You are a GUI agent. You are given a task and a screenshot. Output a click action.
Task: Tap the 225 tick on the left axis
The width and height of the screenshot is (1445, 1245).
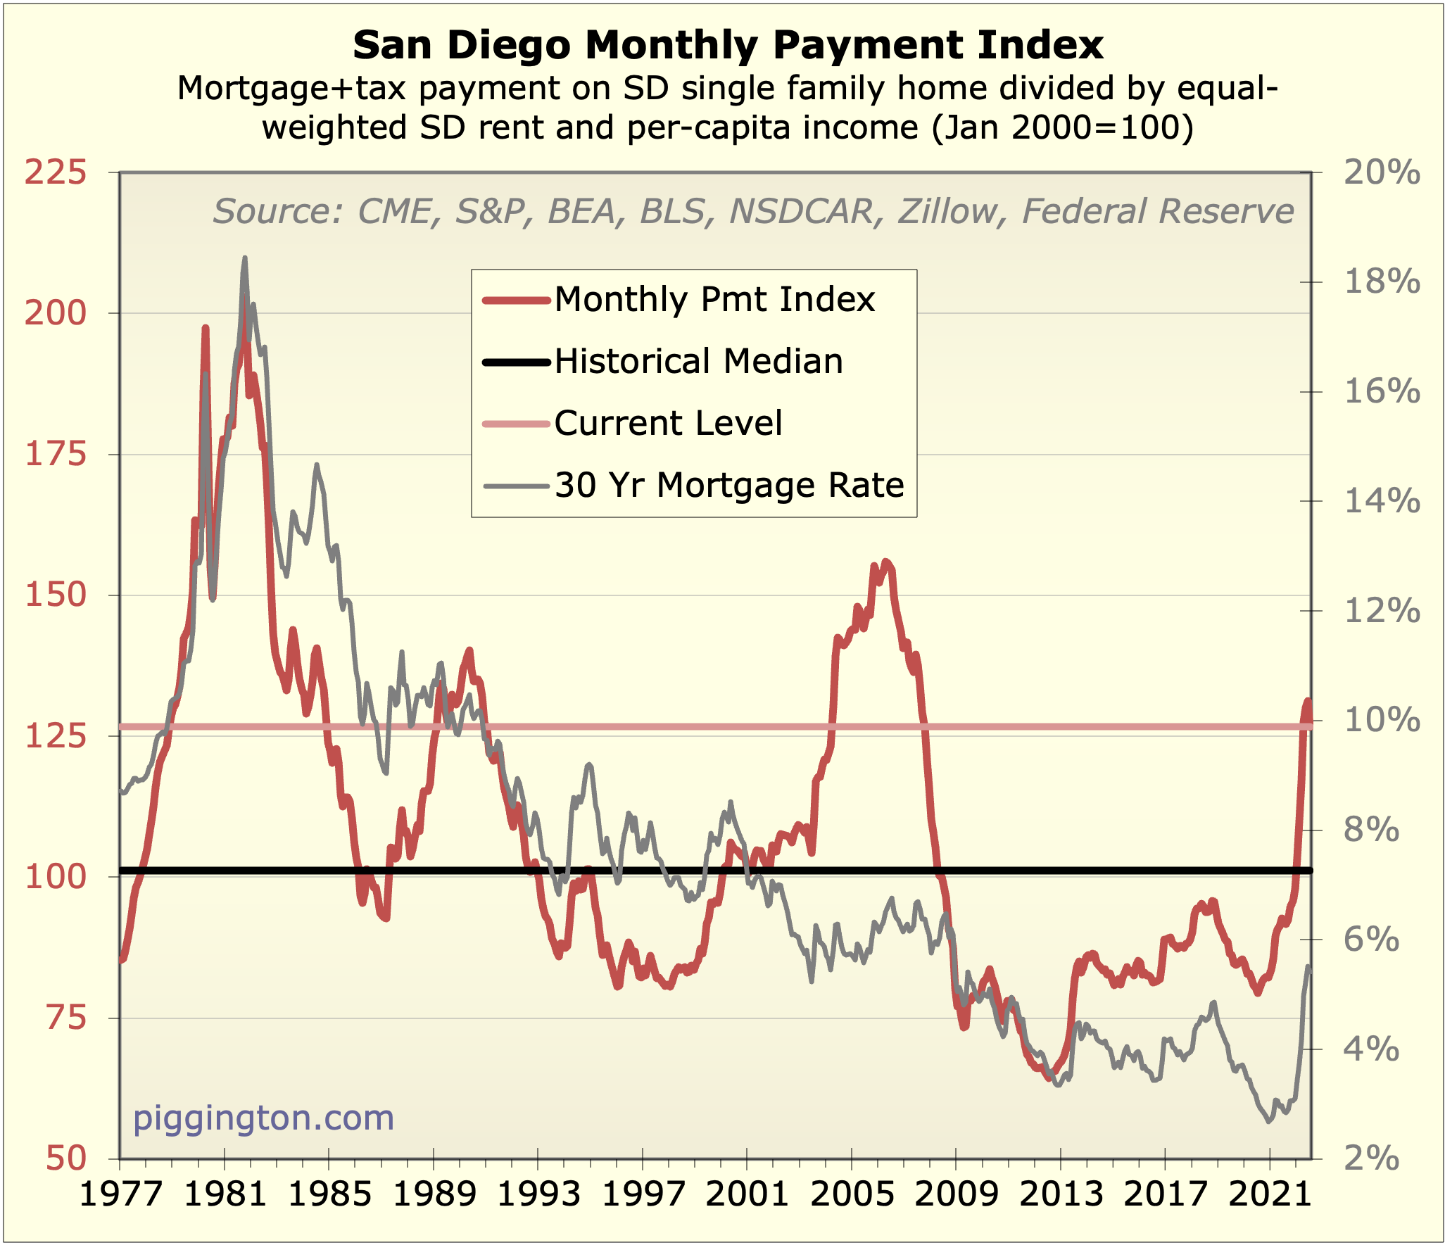pyautogui.click(x=56, y=173)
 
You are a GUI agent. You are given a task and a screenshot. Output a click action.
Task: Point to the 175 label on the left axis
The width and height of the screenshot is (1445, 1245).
pyautogui.click(x=56, y=455)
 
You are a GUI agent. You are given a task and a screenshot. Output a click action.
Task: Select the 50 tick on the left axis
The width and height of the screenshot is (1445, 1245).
pyautogui.click(x=66, y=1158)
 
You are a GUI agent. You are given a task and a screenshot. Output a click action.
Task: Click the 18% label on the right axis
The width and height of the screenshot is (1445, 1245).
pyautogui.click(x=1382, y=282)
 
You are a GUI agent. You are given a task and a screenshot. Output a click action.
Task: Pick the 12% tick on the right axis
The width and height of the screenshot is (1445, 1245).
pyautogui.click(x=1382, y=611)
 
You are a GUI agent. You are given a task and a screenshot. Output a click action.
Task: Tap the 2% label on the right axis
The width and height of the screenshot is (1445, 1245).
pyautogui.click(x=1371, y=1158)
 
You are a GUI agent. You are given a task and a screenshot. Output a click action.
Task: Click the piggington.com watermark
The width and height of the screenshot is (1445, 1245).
pyautogui.click(x=263, y=1118)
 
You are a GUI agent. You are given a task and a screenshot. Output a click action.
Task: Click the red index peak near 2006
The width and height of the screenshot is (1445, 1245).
pyautogui.click(x=886, y=561)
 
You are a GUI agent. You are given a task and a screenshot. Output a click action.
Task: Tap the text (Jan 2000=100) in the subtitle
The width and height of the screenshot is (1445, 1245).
pyautogui.click(x=1063, y=128)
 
